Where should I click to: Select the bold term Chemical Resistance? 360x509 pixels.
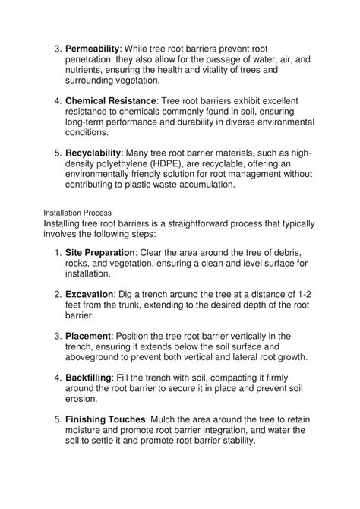111,100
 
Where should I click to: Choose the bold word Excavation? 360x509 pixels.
90,293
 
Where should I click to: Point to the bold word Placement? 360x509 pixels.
88,335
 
